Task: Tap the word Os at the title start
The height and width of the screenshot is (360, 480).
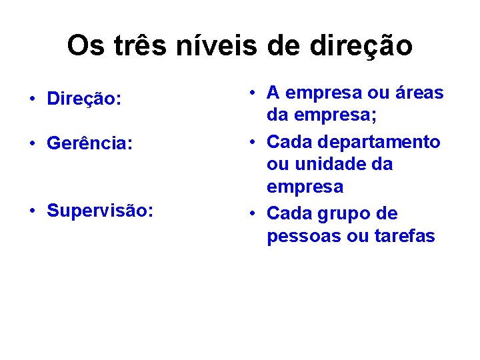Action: [85, 46]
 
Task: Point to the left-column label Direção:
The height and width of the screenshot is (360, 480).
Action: [84, 99]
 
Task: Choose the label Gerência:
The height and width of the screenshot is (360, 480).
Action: [89, 143]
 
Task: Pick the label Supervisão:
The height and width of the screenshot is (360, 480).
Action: [100, 211]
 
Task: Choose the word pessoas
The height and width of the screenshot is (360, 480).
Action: [304, 236]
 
